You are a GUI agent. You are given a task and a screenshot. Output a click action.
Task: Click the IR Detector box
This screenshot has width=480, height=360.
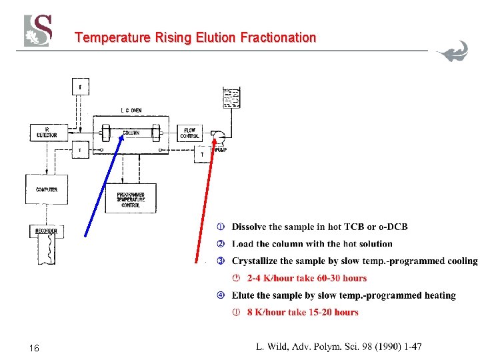(x=51, y=132)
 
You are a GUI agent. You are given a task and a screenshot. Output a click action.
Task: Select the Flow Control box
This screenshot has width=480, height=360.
(x=189, y=133)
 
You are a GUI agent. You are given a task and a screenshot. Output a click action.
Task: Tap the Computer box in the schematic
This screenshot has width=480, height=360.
(x=46, y=189)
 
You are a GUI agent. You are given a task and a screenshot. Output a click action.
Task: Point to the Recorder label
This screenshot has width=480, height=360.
(x=46, y=231)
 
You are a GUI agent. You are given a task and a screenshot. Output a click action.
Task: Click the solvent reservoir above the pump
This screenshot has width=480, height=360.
(x=232, y=98)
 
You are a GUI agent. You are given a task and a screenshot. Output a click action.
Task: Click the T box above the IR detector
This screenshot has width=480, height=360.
(x=81, y=87)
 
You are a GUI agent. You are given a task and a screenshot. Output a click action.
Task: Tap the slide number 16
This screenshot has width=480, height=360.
(x=35, y=348)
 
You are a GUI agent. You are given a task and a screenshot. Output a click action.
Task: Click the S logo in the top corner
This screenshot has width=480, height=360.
(x=39, y=31)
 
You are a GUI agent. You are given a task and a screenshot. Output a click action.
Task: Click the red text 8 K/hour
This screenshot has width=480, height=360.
(x=266, y=312)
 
